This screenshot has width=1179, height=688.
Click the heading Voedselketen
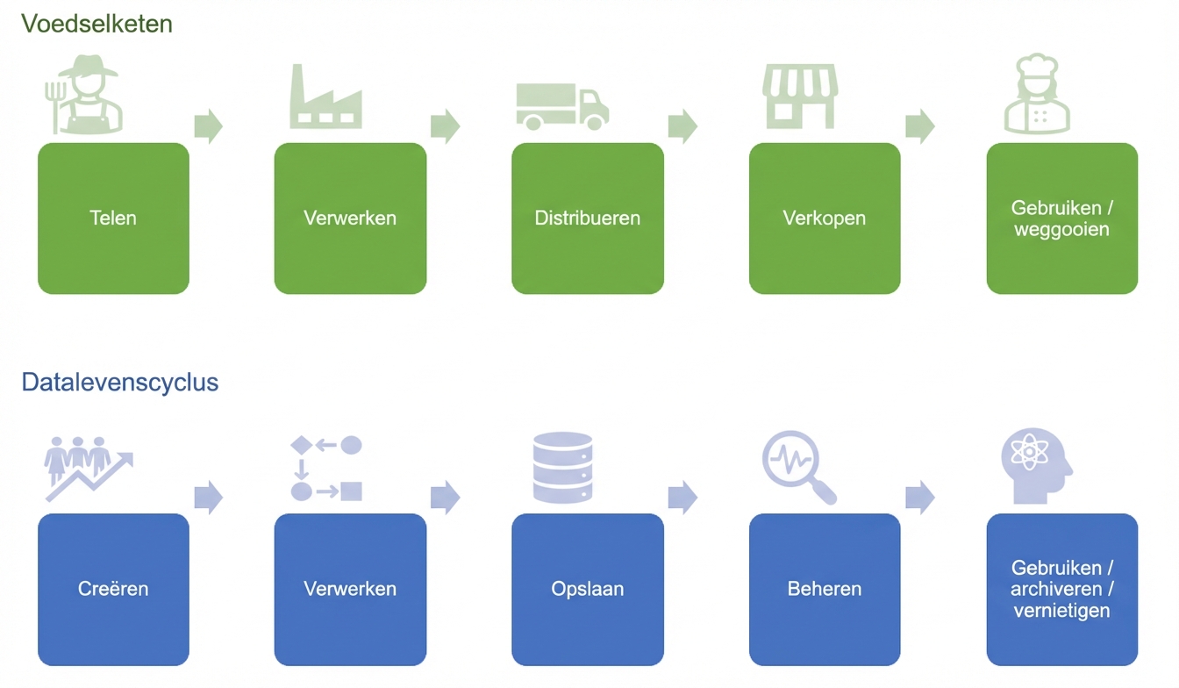96,24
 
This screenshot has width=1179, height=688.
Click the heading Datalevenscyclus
120,383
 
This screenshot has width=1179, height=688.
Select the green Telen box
113,219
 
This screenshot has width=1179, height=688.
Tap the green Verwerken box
350,219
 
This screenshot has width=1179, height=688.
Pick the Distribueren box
588,219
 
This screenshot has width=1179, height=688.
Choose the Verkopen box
825,219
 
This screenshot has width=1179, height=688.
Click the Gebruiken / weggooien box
1061,219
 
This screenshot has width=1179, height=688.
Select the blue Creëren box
113,589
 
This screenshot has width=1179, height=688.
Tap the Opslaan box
588,589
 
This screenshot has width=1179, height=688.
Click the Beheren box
825,589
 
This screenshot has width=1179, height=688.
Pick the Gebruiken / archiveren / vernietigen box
1061,589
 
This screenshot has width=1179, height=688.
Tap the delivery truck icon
561,106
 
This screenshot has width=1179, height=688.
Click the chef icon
1037,95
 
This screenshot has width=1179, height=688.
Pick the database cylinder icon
562,468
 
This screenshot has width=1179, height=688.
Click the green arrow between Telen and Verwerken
208,126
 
